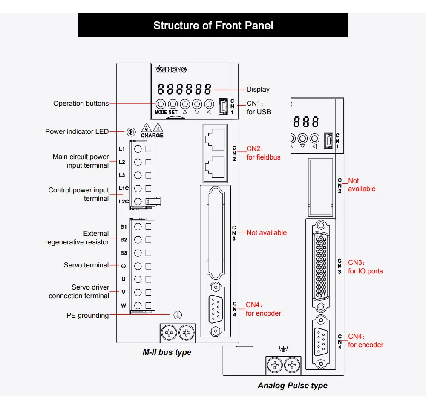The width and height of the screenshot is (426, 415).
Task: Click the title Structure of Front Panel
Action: (x=213, y=26)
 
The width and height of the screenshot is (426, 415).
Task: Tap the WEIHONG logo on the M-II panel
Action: (x=171, y=69)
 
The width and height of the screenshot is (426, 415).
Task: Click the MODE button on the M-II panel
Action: (x=161, y=104)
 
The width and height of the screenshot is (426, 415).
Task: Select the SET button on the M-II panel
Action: (x=173, y=104)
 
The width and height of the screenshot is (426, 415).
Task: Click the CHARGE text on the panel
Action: (x=152, y=136)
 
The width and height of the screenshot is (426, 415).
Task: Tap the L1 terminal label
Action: (x=122, y=149)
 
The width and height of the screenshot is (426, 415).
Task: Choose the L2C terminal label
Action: (x=124, y=201)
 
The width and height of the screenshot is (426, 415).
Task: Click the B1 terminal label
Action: (x=124, y=227)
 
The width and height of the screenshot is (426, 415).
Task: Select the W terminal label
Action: (x=124, y=305)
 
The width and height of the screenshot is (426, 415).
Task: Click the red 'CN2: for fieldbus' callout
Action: (x=263, y=153)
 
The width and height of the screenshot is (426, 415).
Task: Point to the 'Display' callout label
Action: (x=258, y=90)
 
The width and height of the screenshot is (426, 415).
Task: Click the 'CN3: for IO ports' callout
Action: (x=365, y=267)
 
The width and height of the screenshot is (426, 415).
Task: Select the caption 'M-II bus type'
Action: (x=167, y=352)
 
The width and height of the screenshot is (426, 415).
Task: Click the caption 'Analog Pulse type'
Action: (x=292, y=386)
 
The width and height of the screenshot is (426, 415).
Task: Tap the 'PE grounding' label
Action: (x=87, y=316)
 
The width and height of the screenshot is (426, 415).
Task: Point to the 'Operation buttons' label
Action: (x=81, y=104)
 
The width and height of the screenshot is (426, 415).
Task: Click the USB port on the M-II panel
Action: (x=222, y=107)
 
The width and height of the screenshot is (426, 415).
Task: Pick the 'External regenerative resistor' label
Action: (x=77, y=238)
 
